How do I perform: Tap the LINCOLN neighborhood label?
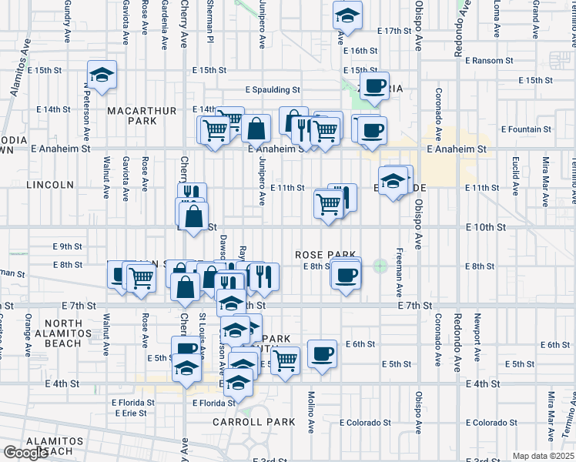click(49, 185)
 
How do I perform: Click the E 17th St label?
click(396, 30)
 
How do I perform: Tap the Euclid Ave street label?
click(514, 175)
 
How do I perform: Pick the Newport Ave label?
click(477, 330)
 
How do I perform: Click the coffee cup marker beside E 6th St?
click(322, 353)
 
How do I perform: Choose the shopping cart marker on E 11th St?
click(328, 203)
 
